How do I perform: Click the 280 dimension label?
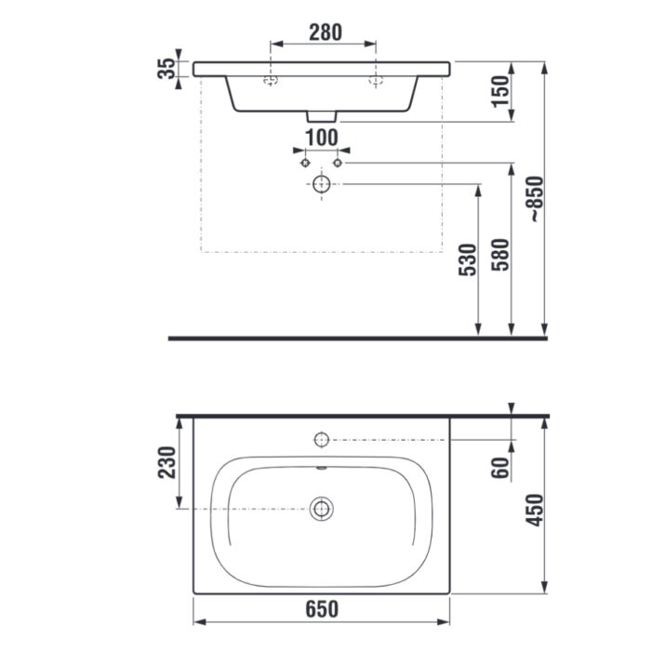click(325, 33)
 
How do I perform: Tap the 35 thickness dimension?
click(166, 69)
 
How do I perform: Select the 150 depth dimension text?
click(500, 91)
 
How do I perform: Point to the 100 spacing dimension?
click(322, 138)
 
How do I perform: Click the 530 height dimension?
click(467, 259)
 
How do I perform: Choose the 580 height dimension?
click(500, 255)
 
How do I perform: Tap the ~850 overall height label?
click(535, 199)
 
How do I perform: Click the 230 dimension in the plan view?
click(166, 462)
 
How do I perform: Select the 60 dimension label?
click(500, 468)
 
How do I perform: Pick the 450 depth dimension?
click(535, 511)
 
